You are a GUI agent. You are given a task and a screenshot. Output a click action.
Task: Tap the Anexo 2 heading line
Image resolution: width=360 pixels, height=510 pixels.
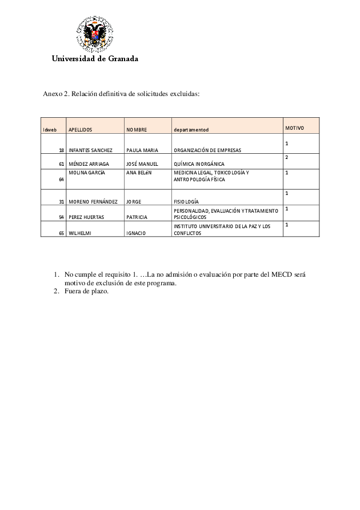(x=122, y=94)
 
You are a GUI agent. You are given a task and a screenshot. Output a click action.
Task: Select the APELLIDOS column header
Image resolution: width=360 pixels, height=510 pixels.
(x=80, y=130)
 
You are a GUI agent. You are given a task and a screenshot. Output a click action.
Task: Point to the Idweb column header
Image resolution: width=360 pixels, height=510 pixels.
(x=50, y=130)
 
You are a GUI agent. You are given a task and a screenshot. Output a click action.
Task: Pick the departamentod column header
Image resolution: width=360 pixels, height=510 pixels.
(x=191, y=130)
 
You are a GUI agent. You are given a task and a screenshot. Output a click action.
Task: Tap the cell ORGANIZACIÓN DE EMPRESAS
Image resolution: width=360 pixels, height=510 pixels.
(x=207, y=150)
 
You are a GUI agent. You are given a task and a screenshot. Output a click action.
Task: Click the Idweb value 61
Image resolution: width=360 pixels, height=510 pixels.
(x=61, y=164)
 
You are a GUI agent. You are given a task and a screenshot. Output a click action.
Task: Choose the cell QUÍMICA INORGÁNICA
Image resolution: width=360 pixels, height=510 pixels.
(x=199, y=164)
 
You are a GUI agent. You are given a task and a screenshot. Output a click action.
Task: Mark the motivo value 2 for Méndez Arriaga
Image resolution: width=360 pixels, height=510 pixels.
(x=287, y=157)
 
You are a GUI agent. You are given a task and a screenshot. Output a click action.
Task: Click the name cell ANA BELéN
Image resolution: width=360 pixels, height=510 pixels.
(x=138, y=172)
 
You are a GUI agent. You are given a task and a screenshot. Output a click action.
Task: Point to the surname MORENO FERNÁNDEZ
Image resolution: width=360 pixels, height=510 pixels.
(x=93, y=202)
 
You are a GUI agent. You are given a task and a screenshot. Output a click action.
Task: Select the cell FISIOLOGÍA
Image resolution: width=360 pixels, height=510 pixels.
(x=186, y=202)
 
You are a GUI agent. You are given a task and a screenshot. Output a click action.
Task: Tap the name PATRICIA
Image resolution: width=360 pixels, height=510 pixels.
(x=137, y=217)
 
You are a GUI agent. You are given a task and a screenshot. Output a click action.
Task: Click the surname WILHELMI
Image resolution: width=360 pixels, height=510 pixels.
(x=79, y=233)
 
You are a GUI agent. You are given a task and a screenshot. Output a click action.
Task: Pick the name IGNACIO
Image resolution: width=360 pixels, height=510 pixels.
(x=136, y=233)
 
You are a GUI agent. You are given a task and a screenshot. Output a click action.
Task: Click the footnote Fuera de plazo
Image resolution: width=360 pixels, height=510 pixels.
(x=86, y=292)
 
